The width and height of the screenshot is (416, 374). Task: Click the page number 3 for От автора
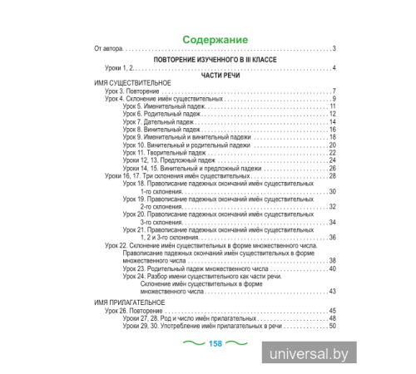[334, 49]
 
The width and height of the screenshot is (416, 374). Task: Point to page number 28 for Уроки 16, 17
[332, 176]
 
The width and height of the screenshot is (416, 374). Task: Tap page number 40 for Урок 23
[332, 270]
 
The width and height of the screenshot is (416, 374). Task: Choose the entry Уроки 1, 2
[113, 67]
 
